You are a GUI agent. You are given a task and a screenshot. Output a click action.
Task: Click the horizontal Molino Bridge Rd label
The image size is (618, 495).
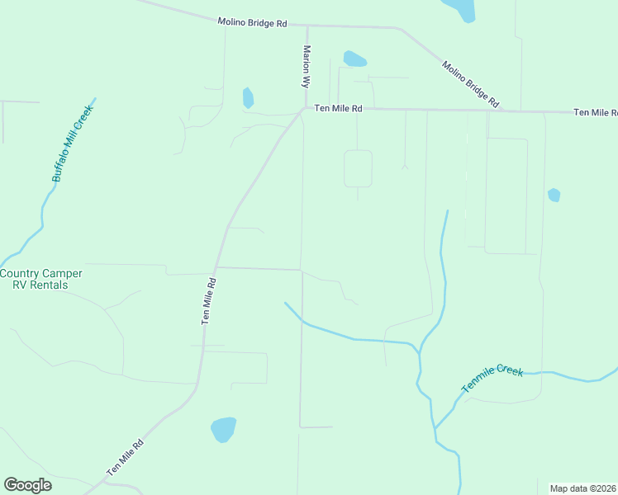252,22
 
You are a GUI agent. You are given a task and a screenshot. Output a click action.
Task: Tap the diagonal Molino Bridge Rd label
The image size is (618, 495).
470,84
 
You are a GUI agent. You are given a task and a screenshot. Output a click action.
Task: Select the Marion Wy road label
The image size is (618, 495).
306,67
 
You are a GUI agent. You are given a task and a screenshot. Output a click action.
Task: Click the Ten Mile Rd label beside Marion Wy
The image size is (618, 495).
338,108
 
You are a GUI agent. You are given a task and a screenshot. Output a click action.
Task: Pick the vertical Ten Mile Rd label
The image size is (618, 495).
209,300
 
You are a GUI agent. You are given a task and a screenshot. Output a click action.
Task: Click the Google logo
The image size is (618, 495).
27,485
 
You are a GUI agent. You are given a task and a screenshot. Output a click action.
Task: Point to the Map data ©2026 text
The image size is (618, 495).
583,488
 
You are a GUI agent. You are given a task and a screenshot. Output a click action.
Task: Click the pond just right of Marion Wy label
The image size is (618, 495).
354,59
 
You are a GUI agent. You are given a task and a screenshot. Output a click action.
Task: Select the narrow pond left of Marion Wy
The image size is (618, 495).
247,98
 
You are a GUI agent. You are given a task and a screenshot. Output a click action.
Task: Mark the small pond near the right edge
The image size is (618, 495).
554,195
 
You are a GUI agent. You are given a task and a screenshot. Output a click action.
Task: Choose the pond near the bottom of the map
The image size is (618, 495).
223,429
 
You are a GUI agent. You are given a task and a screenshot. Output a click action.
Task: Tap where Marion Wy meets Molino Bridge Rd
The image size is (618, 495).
307,26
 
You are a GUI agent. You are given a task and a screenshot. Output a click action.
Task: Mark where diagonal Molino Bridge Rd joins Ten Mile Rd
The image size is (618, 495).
506,110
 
